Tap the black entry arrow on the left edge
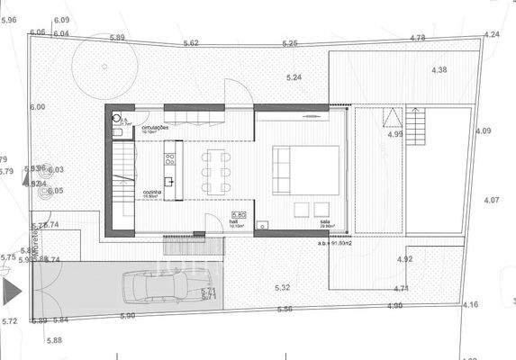(x=11, y=292)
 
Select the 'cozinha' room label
(x=151, y=193)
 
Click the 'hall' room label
(x=233, y=220)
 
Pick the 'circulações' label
(x=156, y=130)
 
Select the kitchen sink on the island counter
(x=167, y=182)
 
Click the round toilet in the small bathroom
(x=117, y=118)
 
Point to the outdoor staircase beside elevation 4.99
(x=416, y=120)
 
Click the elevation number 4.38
(x=439, y=70)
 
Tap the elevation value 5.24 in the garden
(x=294, y=77)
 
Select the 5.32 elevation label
(x=282, y=288)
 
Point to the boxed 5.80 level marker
(x=238, y=214)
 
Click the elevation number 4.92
(x=404, y=259)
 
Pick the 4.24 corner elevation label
(x=491, y=34)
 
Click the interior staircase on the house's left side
(x=122, y=180)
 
